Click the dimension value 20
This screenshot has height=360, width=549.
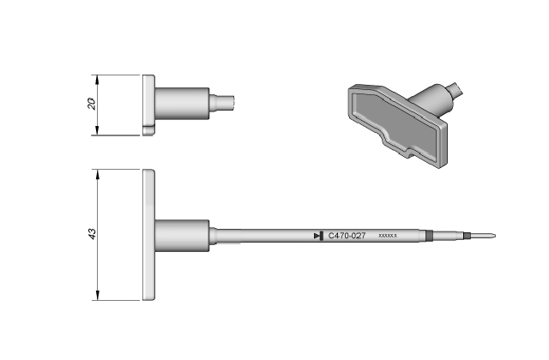click(x=92, y=104)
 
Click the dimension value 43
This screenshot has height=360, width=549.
click(x=92, y=234)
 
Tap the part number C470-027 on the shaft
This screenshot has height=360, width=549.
click(x=347, y=236)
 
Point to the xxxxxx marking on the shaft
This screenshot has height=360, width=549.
click(x=388, y=236)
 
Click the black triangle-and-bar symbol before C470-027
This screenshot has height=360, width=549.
click(x=318, y=236)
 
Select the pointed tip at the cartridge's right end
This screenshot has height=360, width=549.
click(x=482, y=236)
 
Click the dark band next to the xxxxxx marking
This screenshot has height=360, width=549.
click(x=429, y=236)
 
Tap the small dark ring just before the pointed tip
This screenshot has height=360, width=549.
click(x=466, y=236)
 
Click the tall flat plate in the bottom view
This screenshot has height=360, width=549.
click(x=148, y=235)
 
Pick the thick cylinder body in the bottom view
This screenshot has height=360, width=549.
click(x=182, y=236)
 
